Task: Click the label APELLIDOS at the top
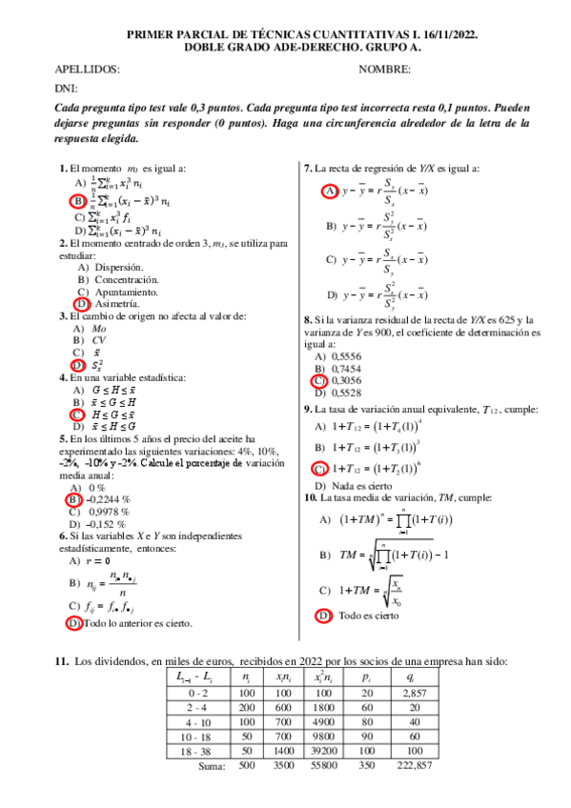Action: tap(88, 70)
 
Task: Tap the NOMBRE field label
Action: tap(385, 70)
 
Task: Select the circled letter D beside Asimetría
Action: tap(83, 303)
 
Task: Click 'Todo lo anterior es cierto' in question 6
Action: tap(137, 623)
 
